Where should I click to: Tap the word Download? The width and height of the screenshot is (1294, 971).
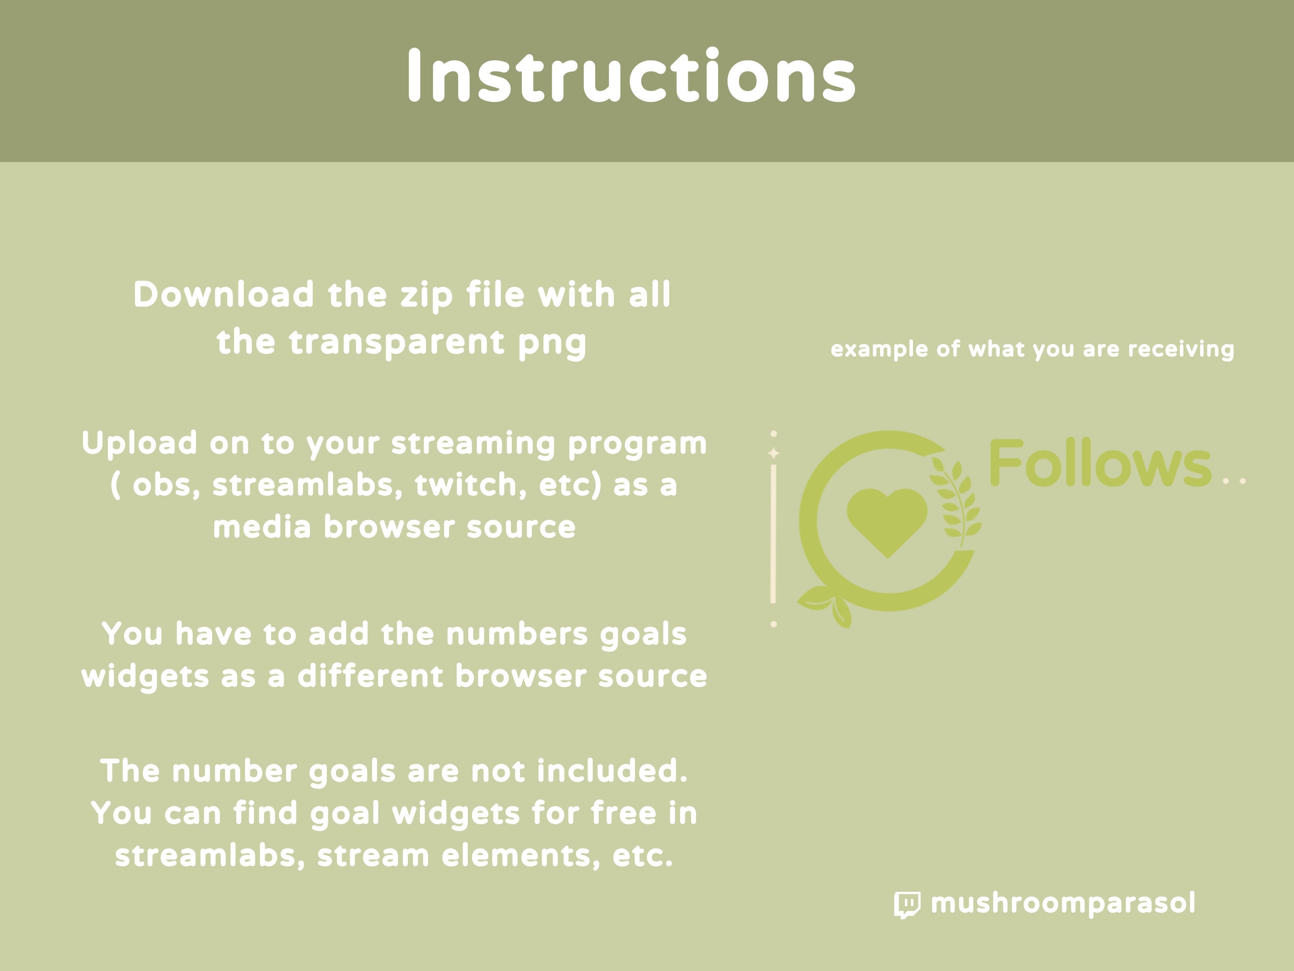click(224, 294)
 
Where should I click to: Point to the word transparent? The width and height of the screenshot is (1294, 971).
click(396, 342)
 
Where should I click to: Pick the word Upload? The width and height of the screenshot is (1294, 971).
click(139, 443)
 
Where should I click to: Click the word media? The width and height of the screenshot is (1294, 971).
click(262, 527)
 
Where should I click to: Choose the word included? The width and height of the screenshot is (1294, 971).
click(612, 771)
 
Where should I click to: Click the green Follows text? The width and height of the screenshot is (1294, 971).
click(1100, 464)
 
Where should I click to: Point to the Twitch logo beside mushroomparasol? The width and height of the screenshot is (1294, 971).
click(907, 904)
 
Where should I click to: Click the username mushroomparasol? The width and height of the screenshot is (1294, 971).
click(1063, 903)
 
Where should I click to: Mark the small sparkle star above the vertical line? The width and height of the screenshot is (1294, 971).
click(774, 453)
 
